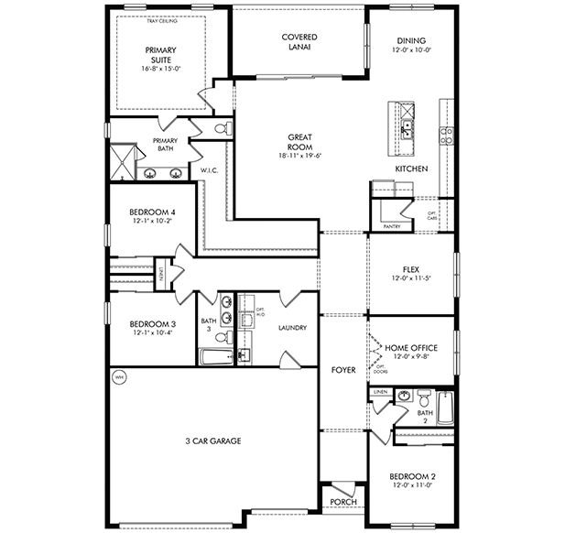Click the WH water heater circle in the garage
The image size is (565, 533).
tap(118, 376)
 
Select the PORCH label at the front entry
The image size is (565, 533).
tap(343, 501)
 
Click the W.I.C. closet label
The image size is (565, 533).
tap(209, 170)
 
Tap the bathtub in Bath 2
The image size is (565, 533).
tap(445, 408)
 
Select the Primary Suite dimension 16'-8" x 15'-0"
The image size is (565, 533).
tap(160, 67)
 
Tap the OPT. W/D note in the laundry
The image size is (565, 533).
tap(261, 312)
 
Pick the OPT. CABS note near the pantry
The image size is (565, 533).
tap(432, 216)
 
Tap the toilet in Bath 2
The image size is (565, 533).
tap(424, 399)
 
